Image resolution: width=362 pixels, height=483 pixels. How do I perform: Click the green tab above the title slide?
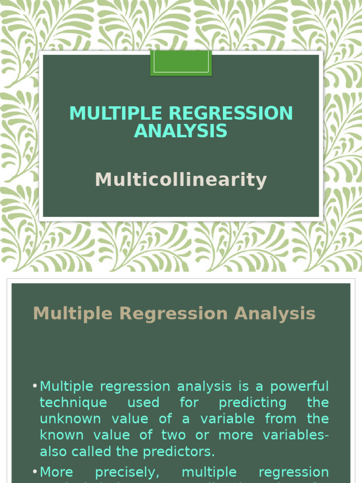181,63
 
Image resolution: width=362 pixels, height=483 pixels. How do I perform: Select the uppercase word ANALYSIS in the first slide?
181,131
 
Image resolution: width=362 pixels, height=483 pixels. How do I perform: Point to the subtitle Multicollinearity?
181,180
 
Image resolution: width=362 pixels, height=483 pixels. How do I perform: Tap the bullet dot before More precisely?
35,472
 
